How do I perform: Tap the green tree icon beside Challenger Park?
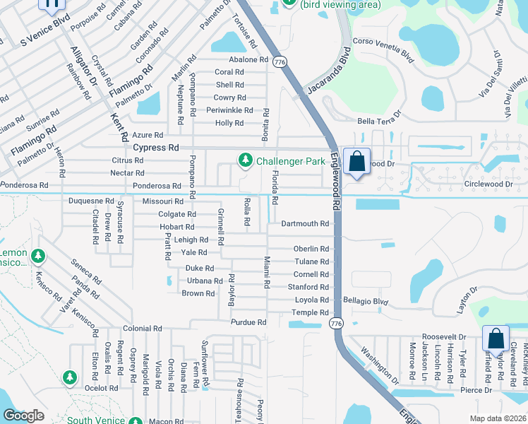245,161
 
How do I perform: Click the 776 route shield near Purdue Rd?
336,323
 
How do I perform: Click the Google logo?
23,416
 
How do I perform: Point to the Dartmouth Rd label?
305,224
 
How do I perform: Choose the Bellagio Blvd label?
366,301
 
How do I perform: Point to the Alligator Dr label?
83,68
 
